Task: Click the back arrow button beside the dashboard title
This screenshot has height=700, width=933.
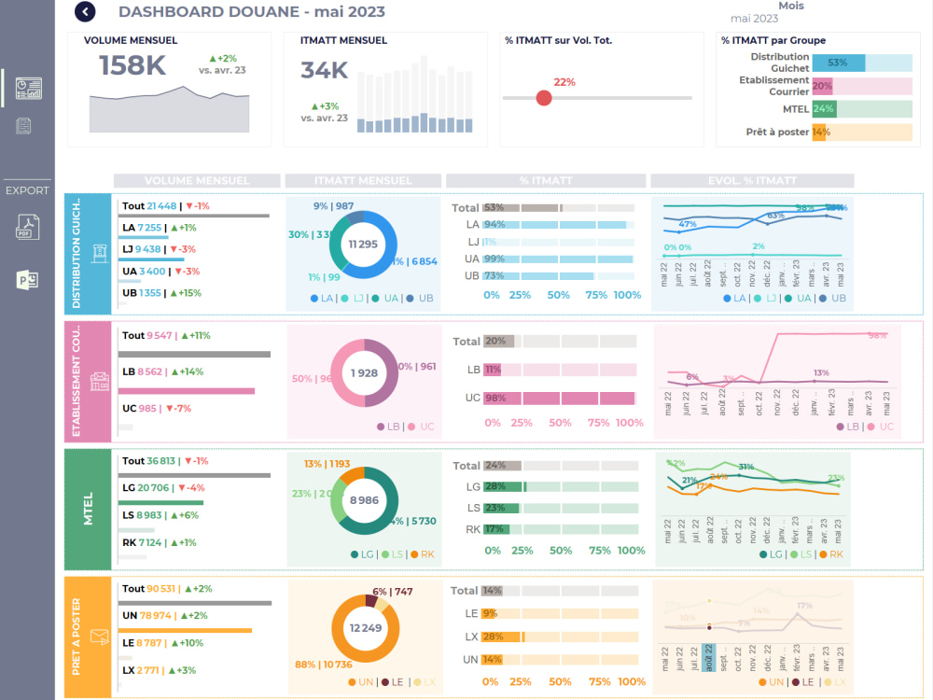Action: [85, 12]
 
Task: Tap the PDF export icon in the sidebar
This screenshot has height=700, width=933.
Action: [28, 227]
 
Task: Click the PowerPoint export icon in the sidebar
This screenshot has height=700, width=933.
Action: [28, 280]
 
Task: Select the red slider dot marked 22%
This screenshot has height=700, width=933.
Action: [544, 98]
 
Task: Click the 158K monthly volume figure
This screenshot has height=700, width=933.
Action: [132, 65]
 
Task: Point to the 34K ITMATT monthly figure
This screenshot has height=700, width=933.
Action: [324, 71]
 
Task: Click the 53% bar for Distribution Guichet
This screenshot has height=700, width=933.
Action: [838, 63]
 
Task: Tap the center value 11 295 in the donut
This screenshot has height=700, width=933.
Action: [363, 244]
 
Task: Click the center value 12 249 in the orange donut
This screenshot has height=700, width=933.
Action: [365, 628]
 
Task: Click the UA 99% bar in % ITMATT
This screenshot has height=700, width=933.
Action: [558, 259]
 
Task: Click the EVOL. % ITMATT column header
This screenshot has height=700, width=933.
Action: [751, 181]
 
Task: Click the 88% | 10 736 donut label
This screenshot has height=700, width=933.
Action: [325, 665]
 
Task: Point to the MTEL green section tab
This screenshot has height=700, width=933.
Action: [89, 509]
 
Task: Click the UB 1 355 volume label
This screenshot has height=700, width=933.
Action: [142, 293]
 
